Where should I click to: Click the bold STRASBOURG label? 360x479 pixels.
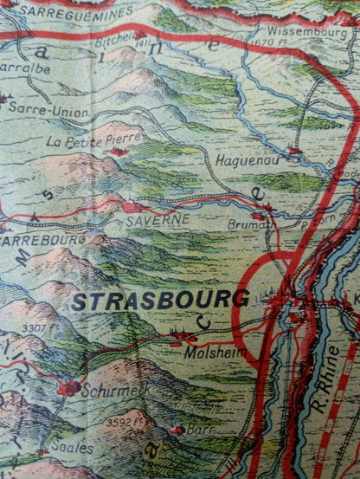click(160, 301)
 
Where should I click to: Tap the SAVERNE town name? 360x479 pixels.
click(157, 220)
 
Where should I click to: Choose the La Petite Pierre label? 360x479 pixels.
click(85, 140)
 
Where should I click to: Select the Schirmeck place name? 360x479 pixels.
click(112, 390)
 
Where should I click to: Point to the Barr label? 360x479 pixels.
click(201, 428)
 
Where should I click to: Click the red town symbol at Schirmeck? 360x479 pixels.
click(68, 388)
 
